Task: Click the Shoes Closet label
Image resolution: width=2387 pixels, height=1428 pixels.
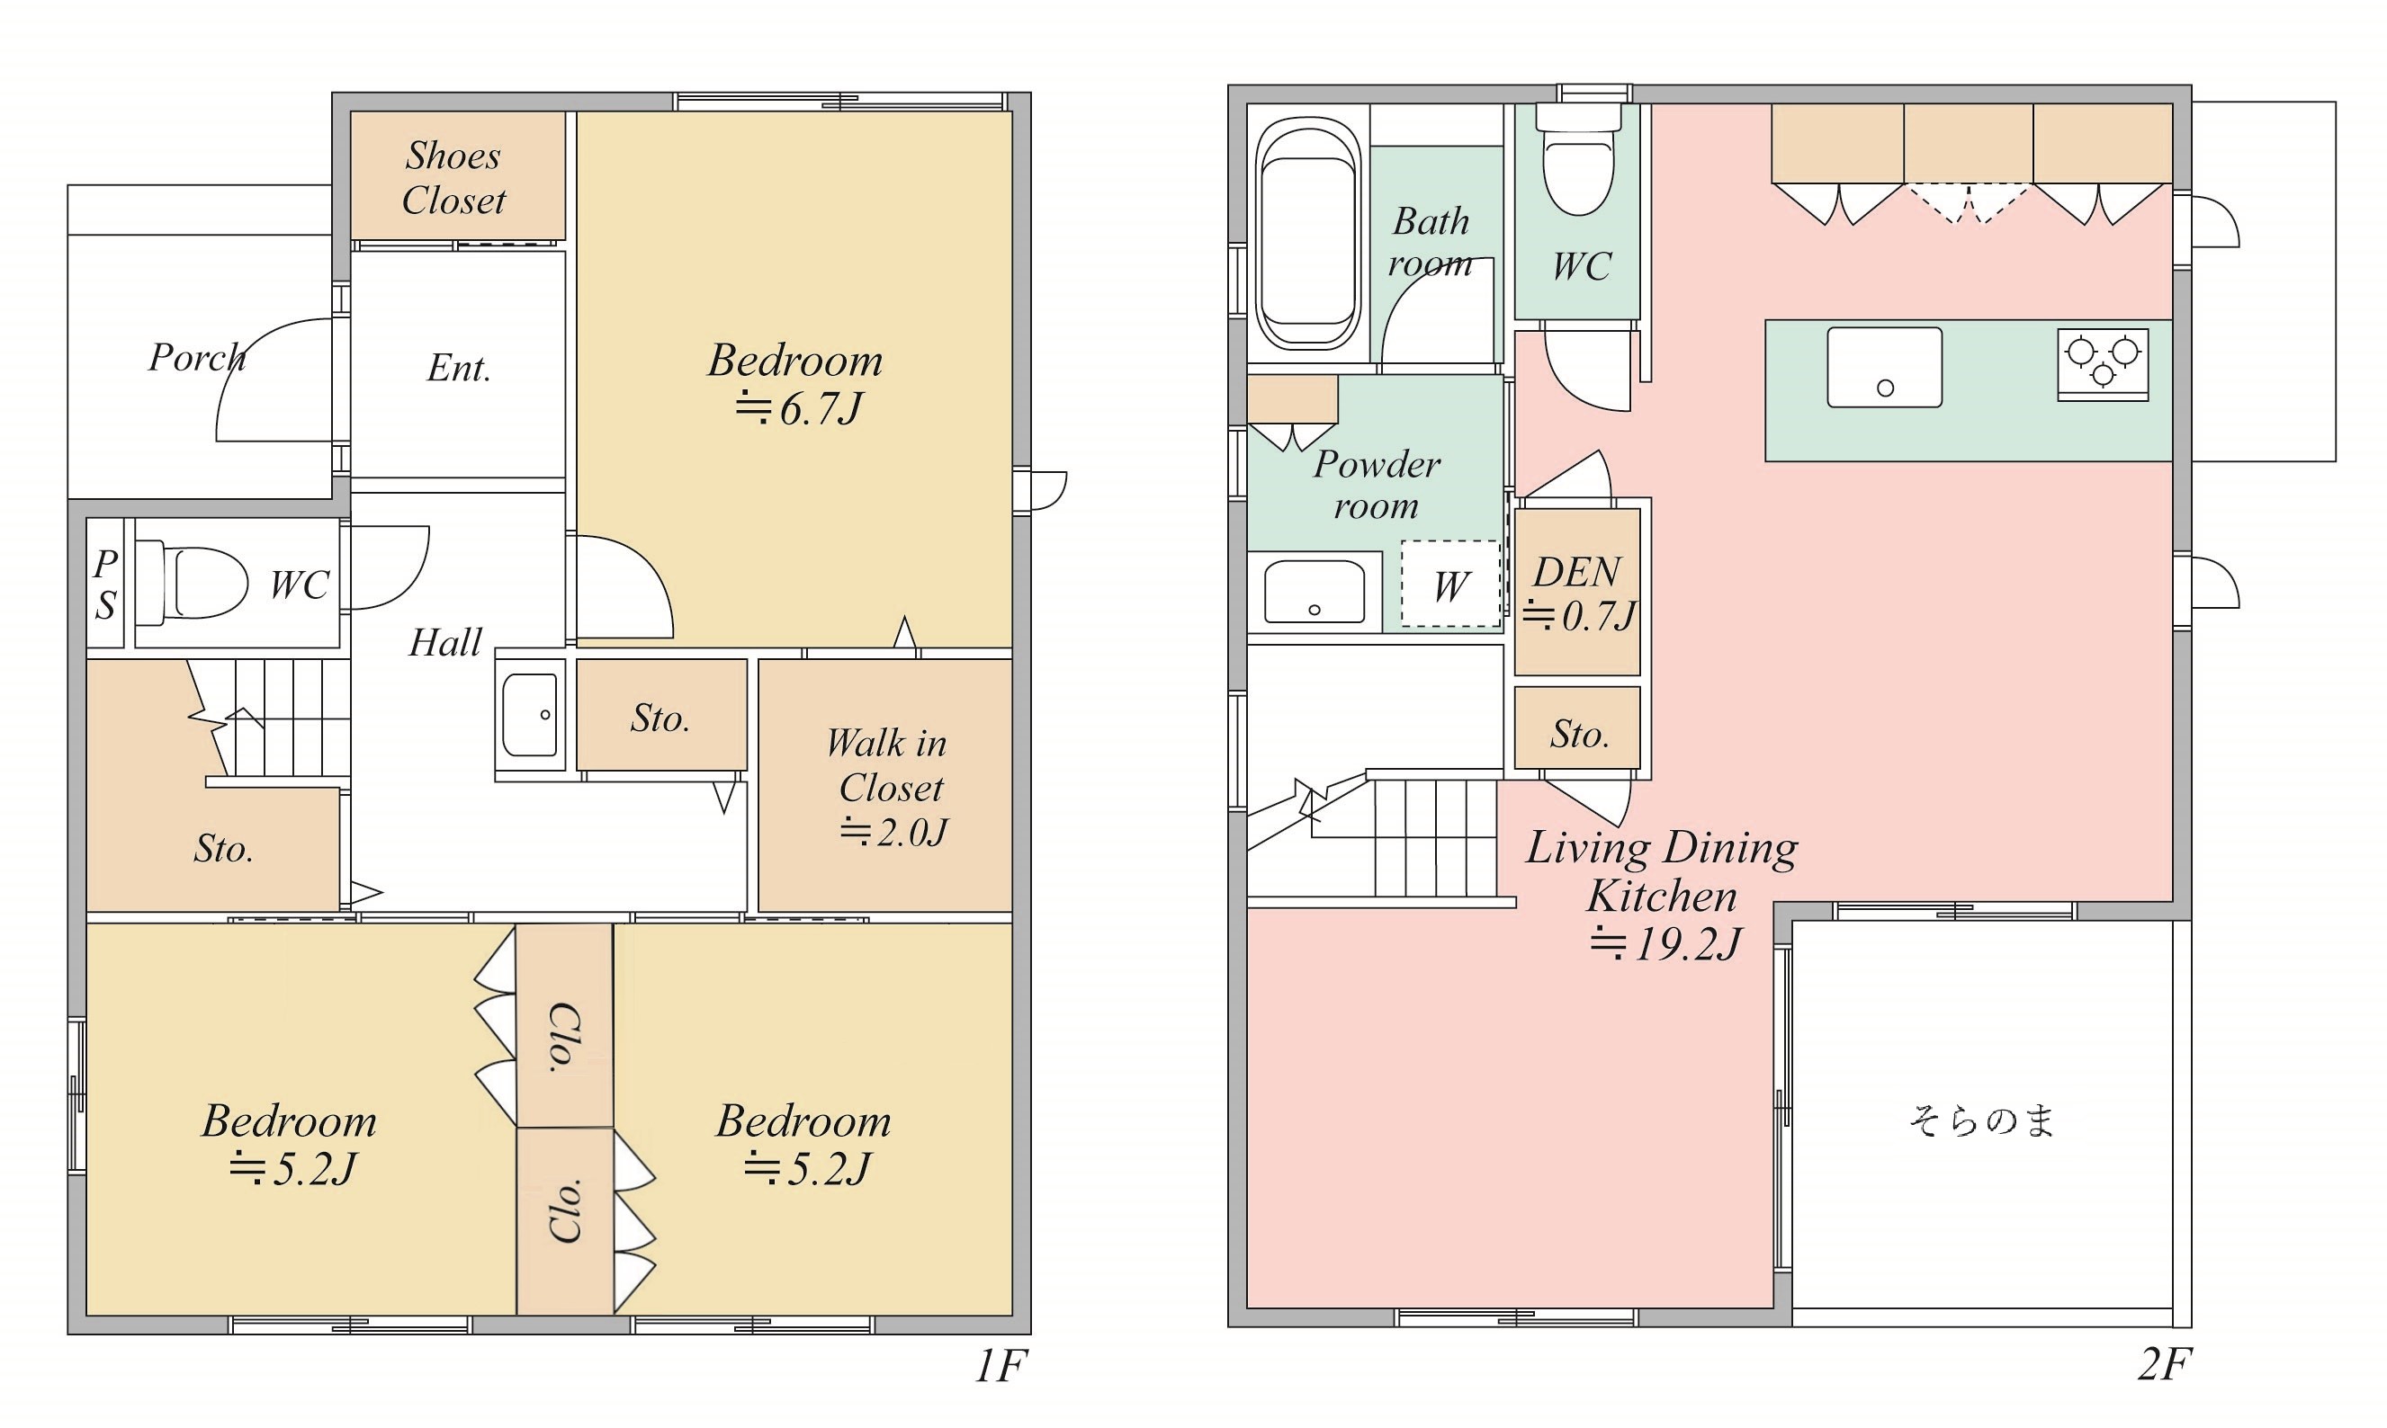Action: point(453,178)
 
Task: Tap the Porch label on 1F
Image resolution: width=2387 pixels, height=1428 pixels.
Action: point(197,358)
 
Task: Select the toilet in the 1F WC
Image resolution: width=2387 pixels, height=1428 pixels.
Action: point(192,582)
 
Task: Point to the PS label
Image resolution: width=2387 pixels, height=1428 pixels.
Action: point(106,585)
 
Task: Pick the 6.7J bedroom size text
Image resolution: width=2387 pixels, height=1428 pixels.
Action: point(798,409)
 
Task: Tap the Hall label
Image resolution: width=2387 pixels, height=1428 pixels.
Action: point(444,643)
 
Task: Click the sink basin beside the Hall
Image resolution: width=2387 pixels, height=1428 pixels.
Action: point(529,715)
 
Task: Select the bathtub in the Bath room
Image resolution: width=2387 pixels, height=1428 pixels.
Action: point(1309,235)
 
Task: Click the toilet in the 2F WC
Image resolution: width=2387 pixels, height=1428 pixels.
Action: point(1578,160)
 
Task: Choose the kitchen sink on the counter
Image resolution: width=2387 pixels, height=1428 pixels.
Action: point(1885,368)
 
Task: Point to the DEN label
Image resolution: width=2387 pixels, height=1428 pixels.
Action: point(1576,572)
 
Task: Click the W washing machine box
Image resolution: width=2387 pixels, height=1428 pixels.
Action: point(1450,585)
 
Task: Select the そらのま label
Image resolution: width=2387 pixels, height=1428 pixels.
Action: point(1982,1121)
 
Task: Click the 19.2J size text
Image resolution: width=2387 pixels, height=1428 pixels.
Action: point(1665,944)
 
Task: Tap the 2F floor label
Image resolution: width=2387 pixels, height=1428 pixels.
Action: point(2165,1364)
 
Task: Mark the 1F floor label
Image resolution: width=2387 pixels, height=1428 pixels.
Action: point(1002,1365)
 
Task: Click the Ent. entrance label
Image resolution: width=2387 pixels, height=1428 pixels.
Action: point(459,368)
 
